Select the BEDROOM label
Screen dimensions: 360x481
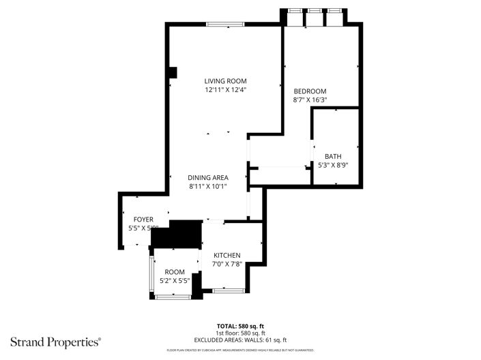(x=310, y=91)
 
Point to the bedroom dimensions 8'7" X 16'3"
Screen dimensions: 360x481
(x=310, y=100)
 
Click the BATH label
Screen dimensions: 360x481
(x=333, y=156)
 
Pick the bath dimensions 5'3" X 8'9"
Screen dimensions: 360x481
(x=333, y=165)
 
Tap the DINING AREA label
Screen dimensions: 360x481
(x=209, y=177)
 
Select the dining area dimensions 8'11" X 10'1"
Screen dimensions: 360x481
(x=209, y=186)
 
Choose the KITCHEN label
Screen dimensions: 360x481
(x=227, y=256)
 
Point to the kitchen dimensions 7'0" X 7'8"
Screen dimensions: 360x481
(x=227, y=265)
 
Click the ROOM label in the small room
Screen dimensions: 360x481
(x=175, y=271)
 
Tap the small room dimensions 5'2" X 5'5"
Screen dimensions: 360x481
(x=175, y=280)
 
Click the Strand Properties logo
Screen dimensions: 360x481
(x=55, y=340)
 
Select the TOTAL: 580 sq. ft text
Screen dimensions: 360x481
(x=240, y=326)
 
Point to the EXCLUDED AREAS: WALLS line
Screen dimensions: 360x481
(x=240, y=340)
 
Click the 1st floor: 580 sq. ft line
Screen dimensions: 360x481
(x=240, y=333)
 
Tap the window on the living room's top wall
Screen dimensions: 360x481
(x=226, y=25)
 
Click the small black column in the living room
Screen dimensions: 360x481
(x=173, y=72)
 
